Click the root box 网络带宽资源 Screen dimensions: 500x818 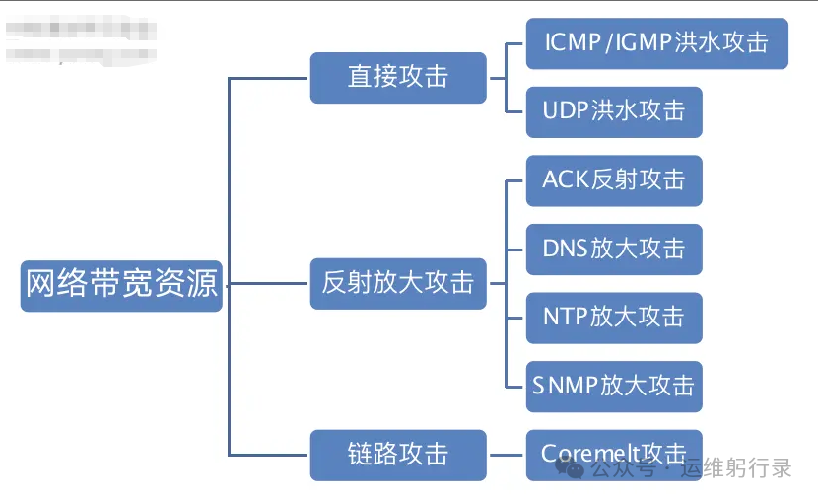[x=121, y=285]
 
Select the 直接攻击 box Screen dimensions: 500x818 [x=398, y=77]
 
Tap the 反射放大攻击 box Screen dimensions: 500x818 [x=398, y=283]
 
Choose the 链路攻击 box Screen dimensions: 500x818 [x=398, y=455]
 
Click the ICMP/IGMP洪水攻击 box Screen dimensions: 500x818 [x=656, y=43]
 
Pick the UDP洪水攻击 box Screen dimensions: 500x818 [x=613, y=111]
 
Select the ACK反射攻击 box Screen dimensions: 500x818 [x=613, y=180]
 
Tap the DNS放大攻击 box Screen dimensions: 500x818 [x=613, y=249]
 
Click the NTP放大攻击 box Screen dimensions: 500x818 [x=613, y=318]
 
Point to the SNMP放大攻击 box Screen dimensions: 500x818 [x=613, y=386]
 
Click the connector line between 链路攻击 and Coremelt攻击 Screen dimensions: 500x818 [x=506, y=455]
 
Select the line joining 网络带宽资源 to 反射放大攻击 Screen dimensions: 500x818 [x=266, y=284]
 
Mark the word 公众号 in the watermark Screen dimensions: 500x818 [x=622, y=468]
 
